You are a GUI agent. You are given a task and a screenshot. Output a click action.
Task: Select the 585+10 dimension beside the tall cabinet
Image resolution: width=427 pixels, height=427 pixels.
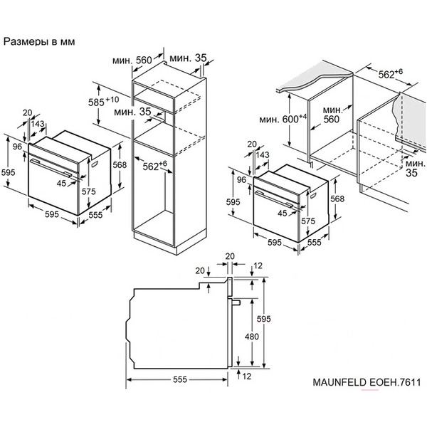[106, 100]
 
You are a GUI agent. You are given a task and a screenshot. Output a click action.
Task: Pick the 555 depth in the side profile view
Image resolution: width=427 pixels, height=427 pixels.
[179, 380]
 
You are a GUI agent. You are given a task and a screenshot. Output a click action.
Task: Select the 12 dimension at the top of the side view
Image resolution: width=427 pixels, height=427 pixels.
[258, 266]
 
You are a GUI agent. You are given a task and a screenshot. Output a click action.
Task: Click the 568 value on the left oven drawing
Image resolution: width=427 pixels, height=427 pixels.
[120, 165]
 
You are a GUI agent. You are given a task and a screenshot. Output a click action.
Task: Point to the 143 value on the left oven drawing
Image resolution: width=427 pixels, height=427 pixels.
[38, 124]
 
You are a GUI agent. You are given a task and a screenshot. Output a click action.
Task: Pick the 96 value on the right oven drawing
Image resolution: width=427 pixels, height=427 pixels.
[241, 180]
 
